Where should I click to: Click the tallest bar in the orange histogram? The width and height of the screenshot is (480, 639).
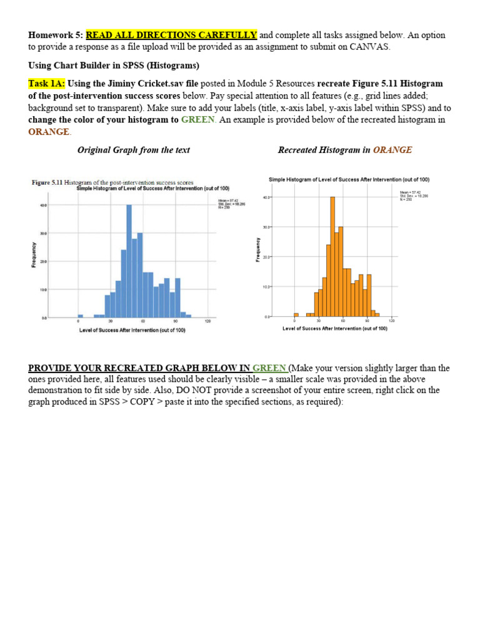coord(332,257)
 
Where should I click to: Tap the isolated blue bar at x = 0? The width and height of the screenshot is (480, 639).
coord(80,316)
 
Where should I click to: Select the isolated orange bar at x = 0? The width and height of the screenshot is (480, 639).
coord(296,315)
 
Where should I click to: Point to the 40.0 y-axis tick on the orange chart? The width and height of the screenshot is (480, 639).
coord(267,197)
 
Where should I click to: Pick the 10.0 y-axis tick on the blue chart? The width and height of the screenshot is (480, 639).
coord(44,290)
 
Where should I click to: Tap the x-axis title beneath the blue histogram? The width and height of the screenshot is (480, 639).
coord(132,330)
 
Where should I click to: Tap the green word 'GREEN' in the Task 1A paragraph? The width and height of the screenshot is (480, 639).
coord(197,120)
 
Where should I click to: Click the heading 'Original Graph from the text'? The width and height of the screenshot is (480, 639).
coord(133,150)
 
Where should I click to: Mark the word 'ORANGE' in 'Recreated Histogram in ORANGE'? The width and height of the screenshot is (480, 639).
coord(392,150)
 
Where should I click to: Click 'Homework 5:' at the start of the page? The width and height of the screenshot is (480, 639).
coord(55,35)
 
